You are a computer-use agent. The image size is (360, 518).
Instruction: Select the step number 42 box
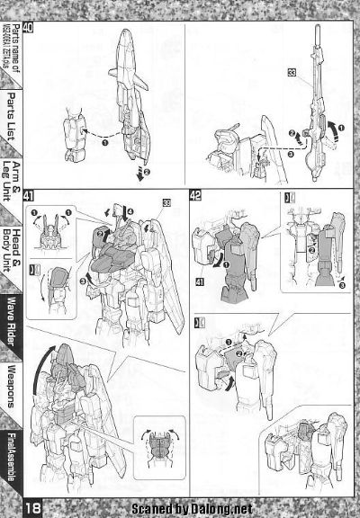195,194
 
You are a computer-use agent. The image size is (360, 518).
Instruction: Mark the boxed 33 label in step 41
167,200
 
